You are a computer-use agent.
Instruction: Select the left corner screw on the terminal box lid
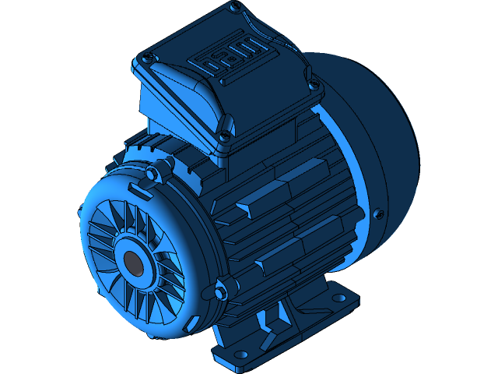[x=148, y=58]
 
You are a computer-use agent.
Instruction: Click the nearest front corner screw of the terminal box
[x=226, y=138]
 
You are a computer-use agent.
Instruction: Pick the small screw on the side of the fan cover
[x=379, y=213]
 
